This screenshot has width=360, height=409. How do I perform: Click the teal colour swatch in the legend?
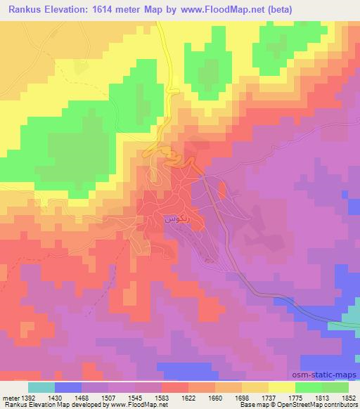41,387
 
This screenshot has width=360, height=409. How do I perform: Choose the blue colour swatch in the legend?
68,387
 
